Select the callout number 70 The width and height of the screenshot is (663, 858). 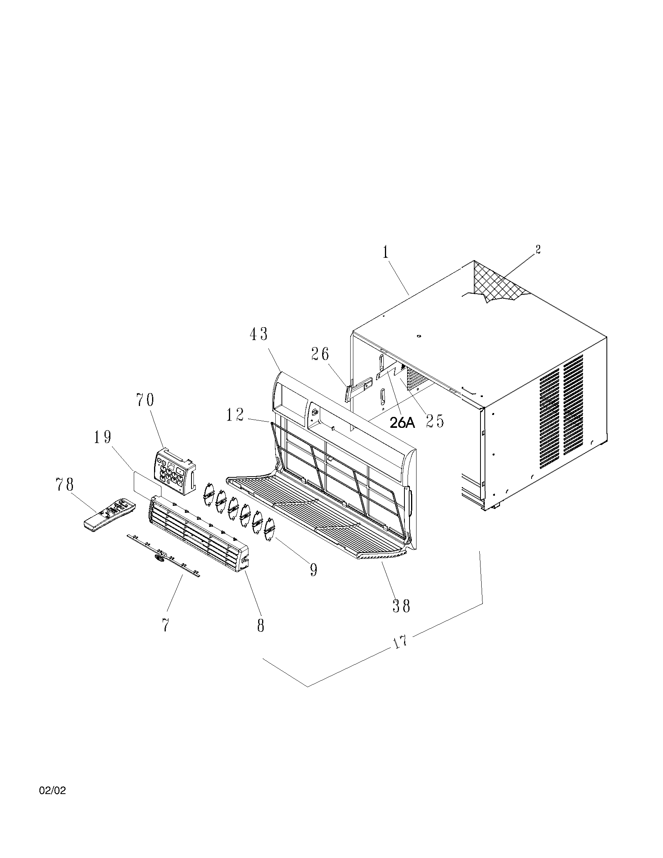145,400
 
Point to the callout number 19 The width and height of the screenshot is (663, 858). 103,437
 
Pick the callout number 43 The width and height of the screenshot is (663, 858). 259,334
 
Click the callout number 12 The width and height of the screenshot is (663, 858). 235,415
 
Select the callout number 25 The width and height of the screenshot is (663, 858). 435,422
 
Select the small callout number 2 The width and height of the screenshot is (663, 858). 538,249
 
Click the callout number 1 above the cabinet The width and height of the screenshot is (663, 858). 386,253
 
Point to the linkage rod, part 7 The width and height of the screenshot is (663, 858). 164,555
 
